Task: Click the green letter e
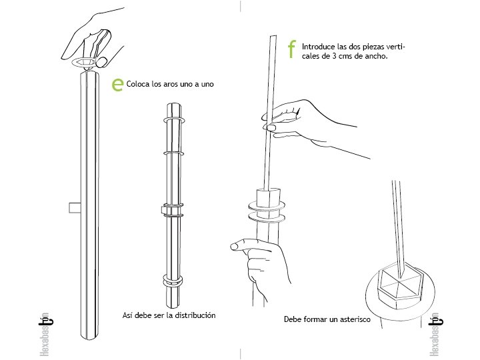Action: (117, 84)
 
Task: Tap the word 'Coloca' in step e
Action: (138, 84)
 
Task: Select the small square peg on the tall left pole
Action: (75, 207)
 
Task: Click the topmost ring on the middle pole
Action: (174, 119)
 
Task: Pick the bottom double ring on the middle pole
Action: (173, 281)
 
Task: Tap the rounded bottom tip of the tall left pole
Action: (90, 337)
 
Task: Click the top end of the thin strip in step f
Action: (273, 37)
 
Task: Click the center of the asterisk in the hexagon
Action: (400, 279)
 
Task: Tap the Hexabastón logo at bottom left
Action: (45, 335)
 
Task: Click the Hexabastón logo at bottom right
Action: (435, 335)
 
